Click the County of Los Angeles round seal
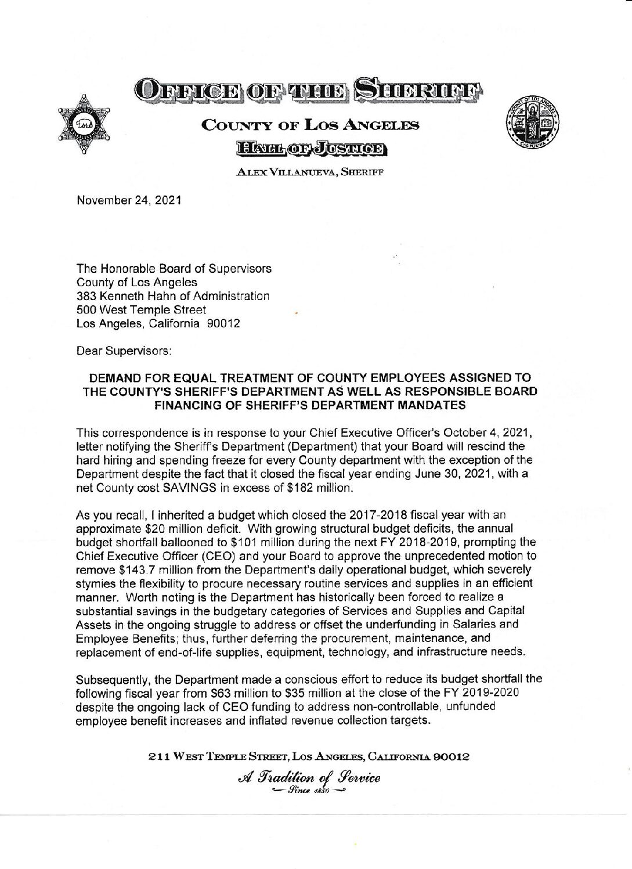click(532, 123)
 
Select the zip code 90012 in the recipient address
click(223, 325)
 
